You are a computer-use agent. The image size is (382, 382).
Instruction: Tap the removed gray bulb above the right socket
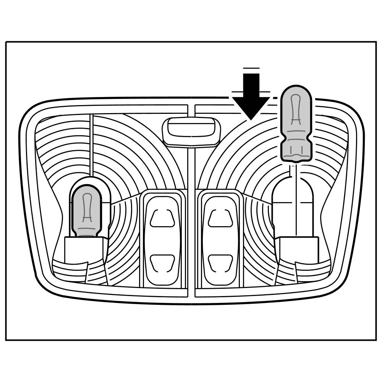pyautogui.click(x=296, y=122)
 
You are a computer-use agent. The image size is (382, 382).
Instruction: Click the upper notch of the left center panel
pyautogui.click(x=162, y=218)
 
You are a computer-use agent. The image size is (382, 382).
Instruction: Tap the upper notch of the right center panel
pyautogui.click(x=220, y=218)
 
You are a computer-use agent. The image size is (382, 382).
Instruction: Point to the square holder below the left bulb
pyautogui.click(x=84, y=250)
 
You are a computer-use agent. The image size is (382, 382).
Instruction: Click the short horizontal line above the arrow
pyautogui.click(x=251, y=68)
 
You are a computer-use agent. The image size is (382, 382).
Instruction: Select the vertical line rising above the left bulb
pyautogui.click(x=91, y=145)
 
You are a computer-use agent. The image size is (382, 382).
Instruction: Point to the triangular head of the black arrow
pyautogui.click(x=251, y=107)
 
